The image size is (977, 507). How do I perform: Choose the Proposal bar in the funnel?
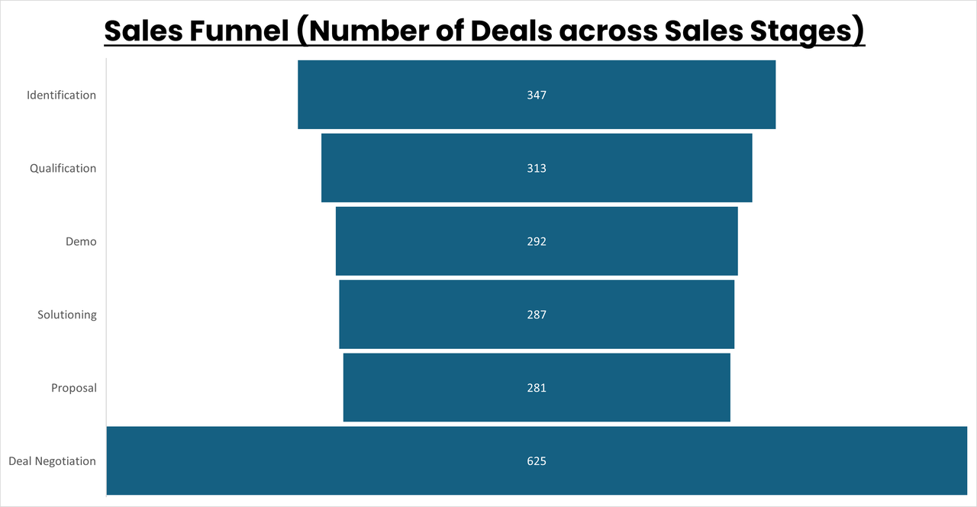pyautogui.click(x=427, y=388)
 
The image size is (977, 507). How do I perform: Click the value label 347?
pyautogui.click(x=537, y=95)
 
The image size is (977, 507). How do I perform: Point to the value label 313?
pyautogui.click(x=537, y=169)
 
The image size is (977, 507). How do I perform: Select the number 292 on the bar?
pyautogui.click(x=537, y=242)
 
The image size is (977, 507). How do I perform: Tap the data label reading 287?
pyautogui.click(x=537, y=315)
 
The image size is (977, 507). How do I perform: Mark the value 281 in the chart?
pyautogui.click(x=537, y=388)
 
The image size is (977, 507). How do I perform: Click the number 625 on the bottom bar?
pyautogui.click(x=537, y=461)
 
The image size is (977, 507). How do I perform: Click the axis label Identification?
pyautogui.click(x=61, y=95)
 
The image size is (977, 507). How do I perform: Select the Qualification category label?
pyautogui.click(x=63, y=169)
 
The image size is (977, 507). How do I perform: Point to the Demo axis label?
pyautogui.click(x=81, y=242)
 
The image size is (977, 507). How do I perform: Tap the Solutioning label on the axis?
pyautogui.click(x=67, y=315)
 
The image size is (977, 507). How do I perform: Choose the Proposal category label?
pyautogui.click(x=74, y=388)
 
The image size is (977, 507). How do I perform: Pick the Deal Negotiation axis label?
pyautogui.click(x=52, y=461)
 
